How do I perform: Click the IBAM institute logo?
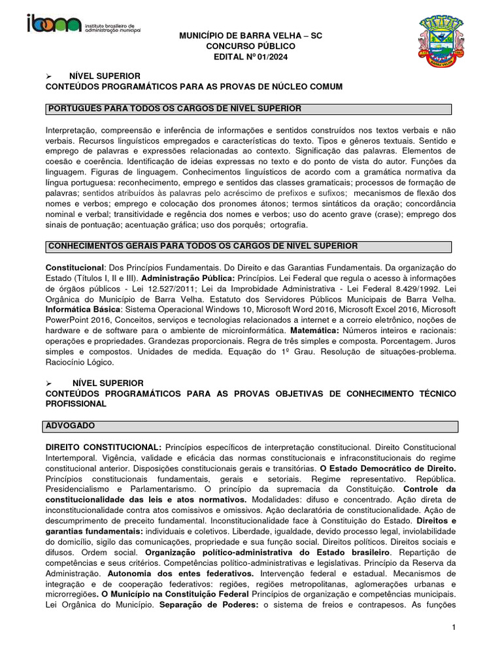tap(85, 24)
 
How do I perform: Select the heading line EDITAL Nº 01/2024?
tap(251, 57)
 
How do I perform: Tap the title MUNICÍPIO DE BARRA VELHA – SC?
tap(251, 35)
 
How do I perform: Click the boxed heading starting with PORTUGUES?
tap(173, 108)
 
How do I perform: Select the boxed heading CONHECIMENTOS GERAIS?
tap(201, 246)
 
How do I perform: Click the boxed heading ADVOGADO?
tap(71, 426)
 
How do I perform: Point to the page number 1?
tap(452, 628)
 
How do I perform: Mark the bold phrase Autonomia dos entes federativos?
tap(180, 572)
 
